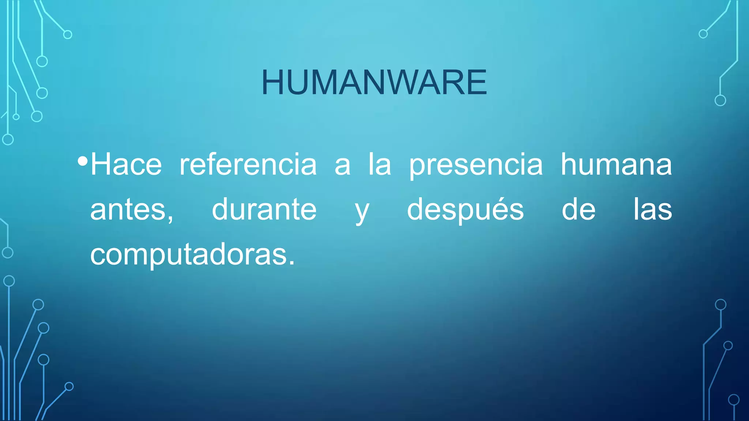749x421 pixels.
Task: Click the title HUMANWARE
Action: click(x=374, y=83)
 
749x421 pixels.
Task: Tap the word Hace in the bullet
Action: click(x=126, y=165)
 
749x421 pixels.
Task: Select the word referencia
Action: click(x=248, y=165)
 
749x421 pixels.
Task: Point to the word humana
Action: click(x=616, y=165)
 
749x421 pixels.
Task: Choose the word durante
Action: click(x=264, y=209)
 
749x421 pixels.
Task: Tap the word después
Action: click(x=465, y=210)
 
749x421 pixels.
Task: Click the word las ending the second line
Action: click(x=653, y=209)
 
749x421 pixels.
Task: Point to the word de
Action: click(x=578, y=209)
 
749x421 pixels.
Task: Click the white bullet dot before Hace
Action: click(x=83, y=161)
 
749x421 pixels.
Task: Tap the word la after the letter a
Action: click(x=380, y=165)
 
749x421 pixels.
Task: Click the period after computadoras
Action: click(x=291, y=263)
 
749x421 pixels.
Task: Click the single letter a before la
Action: click(x=342, y=166)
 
